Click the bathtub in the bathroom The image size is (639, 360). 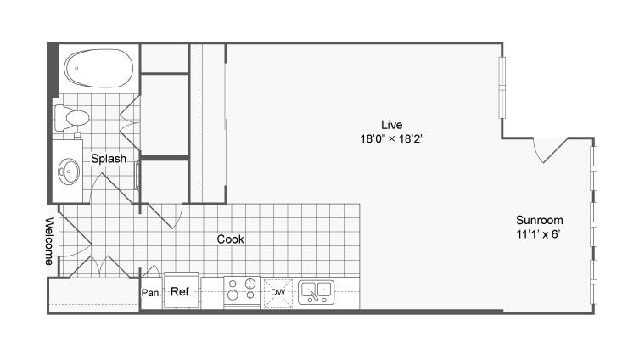pos(98,69)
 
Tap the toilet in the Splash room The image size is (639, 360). pos(72,118)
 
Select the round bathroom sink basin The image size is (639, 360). pos(69,172)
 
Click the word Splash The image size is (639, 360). pos(109,158)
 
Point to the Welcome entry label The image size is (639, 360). pos(49,241)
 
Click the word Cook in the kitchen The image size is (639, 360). pos(230,239)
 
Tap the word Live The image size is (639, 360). pos(392,124)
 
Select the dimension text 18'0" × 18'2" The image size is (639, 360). pos(392,139)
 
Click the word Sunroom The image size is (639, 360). pos(539,220)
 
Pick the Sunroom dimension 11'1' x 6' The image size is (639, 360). pos(539,234)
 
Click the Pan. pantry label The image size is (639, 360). pos(151,293)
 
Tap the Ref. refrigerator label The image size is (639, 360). pos(181,291)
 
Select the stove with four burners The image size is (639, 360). pos(242,290)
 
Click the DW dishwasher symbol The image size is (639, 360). pos(278,293)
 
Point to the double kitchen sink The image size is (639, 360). pos(317,292)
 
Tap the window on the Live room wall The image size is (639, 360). pos(502,87)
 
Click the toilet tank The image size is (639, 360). pos(59,118)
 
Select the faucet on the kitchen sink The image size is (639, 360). pos(313,296)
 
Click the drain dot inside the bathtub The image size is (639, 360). pos(76,68)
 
